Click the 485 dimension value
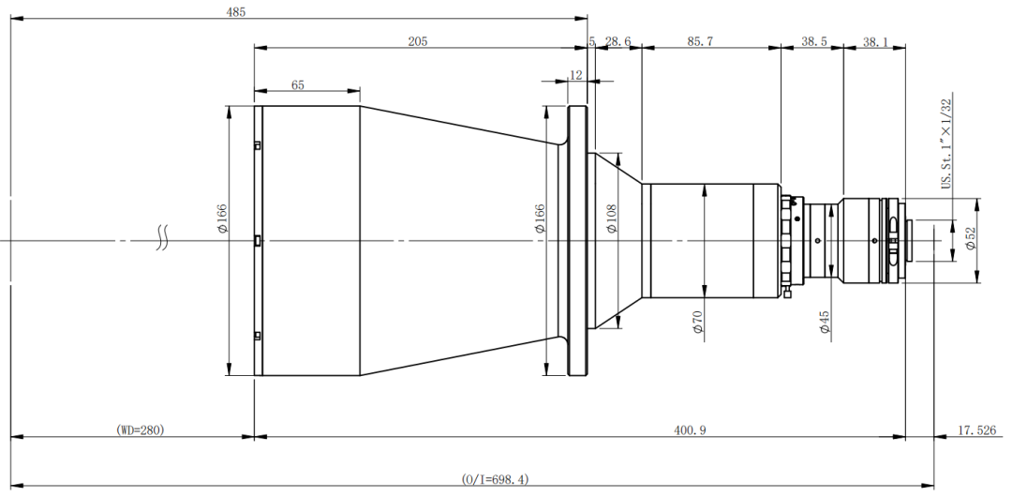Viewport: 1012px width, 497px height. [235, 12]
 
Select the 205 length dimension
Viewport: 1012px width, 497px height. [418, 41]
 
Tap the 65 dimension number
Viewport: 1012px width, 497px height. [298, 84]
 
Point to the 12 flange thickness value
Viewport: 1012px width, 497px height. [575, 75]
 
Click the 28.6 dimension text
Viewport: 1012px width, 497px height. [618, 41]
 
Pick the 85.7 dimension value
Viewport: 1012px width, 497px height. [700, 41]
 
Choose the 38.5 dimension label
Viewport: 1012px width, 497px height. [814, 41]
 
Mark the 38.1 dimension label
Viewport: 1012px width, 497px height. [875, 42]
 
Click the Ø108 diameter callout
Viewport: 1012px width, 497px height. [612, 218]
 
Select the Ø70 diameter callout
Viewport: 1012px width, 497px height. [697, 322]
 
